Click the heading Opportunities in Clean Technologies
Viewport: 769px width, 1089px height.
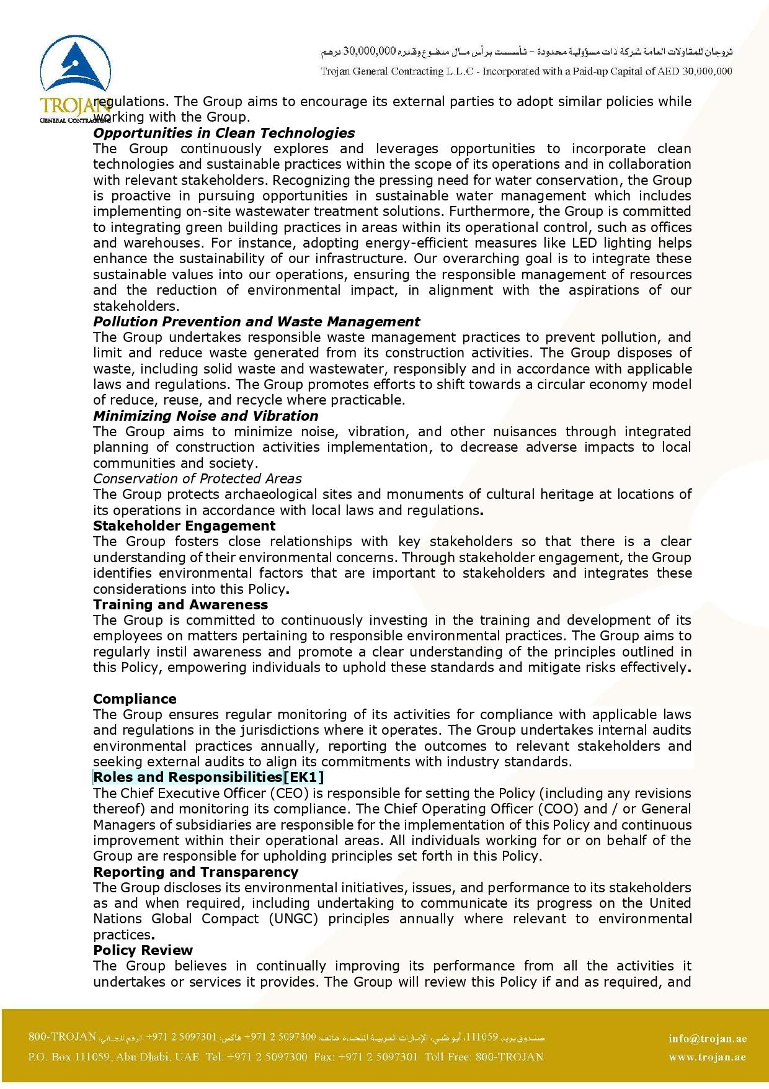224,133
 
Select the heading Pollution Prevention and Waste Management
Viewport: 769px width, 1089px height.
256,321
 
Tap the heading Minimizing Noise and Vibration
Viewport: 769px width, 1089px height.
205,416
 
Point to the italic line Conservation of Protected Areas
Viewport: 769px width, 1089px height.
197,478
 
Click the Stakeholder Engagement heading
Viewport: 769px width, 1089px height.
184,526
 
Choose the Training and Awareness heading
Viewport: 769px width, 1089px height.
180,604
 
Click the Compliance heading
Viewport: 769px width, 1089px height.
135,699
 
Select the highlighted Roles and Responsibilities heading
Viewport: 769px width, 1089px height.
187,777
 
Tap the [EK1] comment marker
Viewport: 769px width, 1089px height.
304,777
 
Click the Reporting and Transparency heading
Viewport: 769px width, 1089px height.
195,872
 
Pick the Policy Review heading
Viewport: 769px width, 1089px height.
143,950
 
